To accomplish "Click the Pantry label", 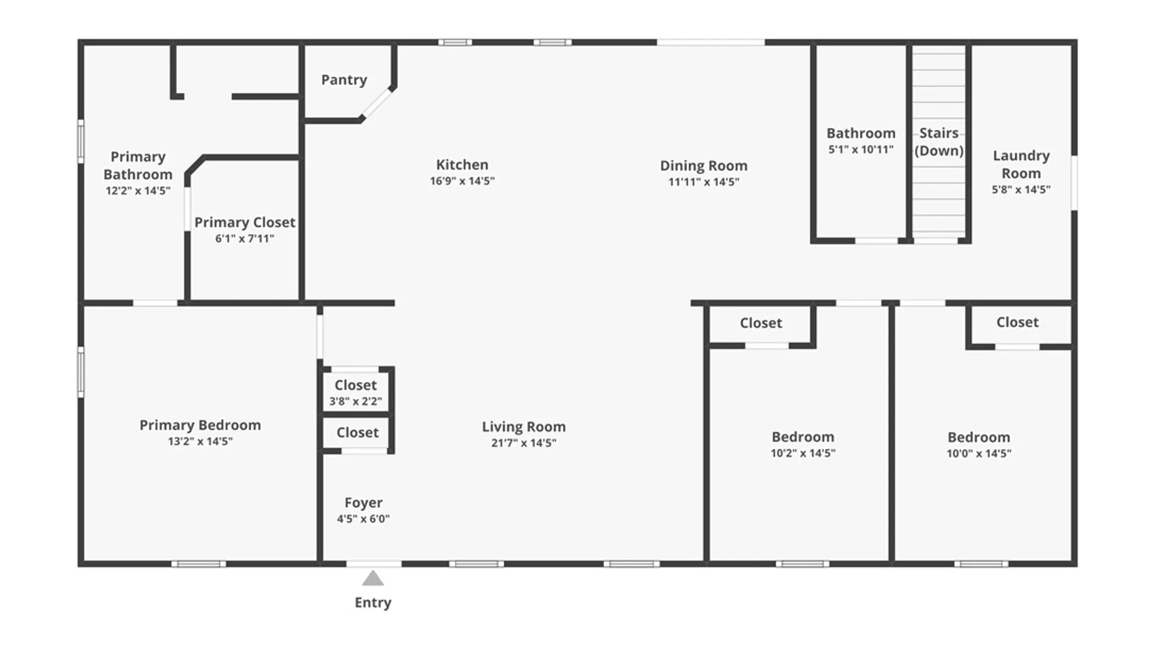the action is [344, 80].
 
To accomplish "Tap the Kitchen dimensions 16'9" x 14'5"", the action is [462, 181].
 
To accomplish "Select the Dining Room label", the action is [704, 166].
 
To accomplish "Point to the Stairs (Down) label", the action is [939, 142].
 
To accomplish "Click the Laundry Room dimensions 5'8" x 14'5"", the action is [1021, 190].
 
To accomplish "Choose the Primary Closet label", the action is [245, 222].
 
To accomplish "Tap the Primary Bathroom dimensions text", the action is [138, 191].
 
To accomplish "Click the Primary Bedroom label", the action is [200, 425].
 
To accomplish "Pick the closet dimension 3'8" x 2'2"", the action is [355, 401].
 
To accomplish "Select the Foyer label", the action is [363, 503].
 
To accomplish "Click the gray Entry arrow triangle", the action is [373, 579].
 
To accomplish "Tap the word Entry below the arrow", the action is [373, 603].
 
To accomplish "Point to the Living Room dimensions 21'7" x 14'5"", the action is [524, 443].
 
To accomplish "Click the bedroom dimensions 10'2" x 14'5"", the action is [803, 454].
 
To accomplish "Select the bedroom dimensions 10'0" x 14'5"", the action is [979, 454].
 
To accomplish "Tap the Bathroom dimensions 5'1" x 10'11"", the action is [861, 150].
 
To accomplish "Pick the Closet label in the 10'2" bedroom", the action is [761, 323].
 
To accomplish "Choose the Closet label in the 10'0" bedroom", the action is [1018, 323].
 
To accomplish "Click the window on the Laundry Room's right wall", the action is [1074, 183].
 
